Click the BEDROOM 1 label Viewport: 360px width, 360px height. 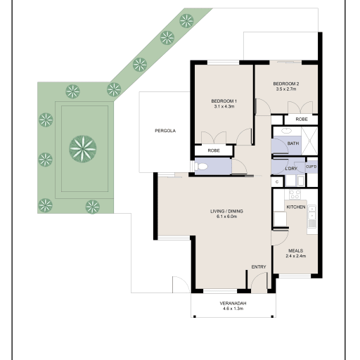[x=224, y=101]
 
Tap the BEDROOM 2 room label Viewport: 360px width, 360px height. [x=286, y=84]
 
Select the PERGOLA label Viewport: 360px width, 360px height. [x=165, y=131]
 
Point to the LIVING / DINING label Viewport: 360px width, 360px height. [x=226, y=211]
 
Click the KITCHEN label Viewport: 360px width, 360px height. [x=296, y=207]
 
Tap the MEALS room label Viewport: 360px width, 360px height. [x=296, y=250]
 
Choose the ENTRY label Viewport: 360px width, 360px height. [x=259, y=266]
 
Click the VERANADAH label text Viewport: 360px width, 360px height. [x=233, y=303]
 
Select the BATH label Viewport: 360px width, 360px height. [x=293, y=143]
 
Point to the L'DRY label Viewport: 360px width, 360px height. [x=291, y=169]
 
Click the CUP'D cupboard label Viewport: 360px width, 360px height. [x=311, y=167]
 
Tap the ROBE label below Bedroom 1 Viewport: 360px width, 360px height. [x=214, y=150]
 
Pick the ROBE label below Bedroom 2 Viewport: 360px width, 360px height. [x=302, y=120]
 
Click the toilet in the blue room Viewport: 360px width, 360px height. [x=202, y=167]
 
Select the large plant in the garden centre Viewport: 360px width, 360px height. [x=83, y=148]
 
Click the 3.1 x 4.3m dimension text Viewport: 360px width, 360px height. [x=224, y=106]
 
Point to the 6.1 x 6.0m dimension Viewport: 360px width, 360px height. [x=226, y=217]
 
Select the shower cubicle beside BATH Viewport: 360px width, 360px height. [x=309, y=141]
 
